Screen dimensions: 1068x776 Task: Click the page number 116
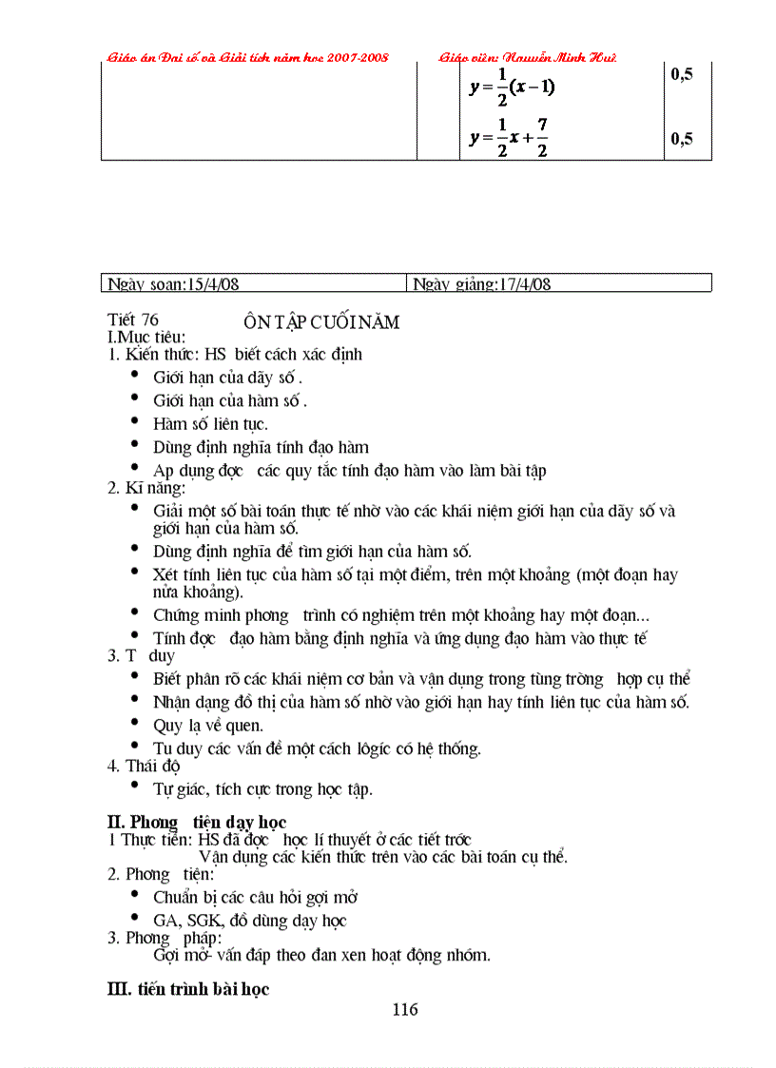point(404,1009)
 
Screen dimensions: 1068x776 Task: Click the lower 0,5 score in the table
point(681,139)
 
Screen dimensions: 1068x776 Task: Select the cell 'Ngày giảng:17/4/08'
point(481,283)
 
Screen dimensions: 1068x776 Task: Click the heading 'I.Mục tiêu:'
point(146,337)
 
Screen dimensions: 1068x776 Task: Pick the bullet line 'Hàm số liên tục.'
point(210,424)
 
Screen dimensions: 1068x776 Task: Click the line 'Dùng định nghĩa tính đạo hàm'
point(261,447)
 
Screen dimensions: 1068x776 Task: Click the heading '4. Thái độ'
point(144,766)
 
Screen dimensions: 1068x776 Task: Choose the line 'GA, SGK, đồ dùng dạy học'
point(249,920)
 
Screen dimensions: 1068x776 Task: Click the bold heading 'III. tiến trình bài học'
point(188,989)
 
